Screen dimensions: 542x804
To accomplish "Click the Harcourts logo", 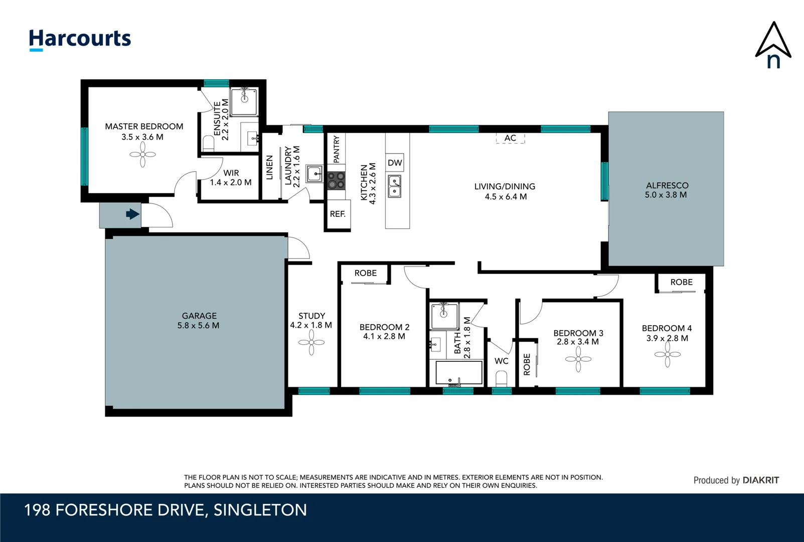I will (80, 39).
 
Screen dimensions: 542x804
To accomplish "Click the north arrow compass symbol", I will (773, 45).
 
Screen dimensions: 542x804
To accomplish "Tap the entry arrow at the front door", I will (132, 214).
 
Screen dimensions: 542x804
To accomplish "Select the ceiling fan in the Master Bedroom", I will (142, 155).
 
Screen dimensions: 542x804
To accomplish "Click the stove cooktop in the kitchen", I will (336, 181).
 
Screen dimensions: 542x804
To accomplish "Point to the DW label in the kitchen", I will (395, 163).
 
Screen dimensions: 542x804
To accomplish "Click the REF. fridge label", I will (338, 214).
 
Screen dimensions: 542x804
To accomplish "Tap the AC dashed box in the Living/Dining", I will (510, 138).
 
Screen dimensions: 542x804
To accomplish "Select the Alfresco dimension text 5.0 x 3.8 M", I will (666, 195).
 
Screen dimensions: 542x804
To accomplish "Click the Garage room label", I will (199, 316).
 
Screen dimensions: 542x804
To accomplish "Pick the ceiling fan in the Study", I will (311, 343).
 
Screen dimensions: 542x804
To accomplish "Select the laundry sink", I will (315, 174).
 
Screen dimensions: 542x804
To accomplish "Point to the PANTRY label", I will (336, 149).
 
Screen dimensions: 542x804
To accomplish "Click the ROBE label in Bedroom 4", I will (681, 282).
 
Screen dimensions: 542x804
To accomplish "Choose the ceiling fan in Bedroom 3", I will (578, 359).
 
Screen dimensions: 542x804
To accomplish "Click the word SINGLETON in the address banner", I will (260, 510).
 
